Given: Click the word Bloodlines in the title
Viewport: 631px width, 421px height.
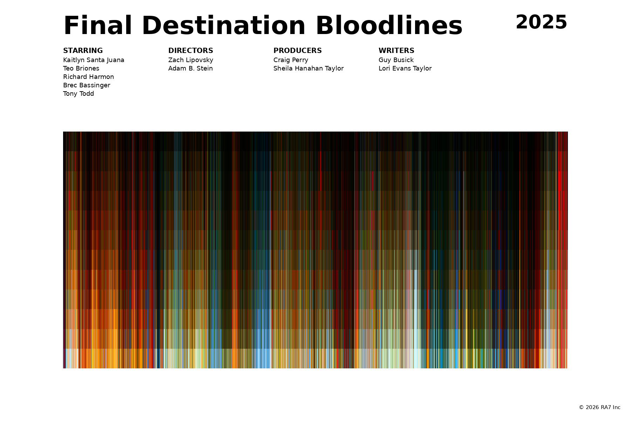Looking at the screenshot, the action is click(389, 26).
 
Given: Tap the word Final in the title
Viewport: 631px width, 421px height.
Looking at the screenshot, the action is click(98, 26).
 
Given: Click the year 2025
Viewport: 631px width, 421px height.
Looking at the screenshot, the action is click(541, 22).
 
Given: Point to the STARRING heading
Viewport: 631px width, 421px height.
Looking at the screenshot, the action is click(83, 51).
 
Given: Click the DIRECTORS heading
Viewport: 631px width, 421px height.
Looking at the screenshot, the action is click(191, 51).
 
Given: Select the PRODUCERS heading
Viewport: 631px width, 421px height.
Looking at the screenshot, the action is click(298, 51).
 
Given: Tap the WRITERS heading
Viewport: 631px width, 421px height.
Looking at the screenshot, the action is click(396, 51).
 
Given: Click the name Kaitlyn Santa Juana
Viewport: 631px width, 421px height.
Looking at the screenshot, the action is click(94, 60).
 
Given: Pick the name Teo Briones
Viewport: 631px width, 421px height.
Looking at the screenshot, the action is click(81, 68).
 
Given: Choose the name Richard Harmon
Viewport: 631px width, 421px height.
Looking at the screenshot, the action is click(88, 77).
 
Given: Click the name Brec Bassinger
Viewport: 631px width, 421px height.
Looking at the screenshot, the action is click(87, 85).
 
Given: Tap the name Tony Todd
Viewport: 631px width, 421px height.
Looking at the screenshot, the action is click(79, 94).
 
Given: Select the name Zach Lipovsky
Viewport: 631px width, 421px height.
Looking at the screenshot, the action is click(191, 60).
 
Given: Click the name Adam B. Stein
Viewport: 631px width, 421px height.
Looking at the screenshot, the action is click(190, 68).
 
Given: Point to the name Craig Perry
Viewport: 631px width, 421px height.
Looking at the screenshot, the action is click(291, 60).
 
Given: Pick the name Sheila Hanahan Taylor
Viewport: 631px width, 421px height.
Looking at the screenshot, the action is click(308, 68).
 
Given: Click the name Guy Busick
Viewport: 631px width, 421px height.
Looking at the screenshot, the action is click(396, 60).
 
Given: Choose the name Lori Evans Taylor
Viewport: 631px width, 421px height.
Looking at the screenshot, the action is click(405, 68).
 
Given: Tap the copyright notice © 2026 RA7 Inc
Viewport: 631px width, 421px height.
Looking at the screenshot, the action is click(599, 407).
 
